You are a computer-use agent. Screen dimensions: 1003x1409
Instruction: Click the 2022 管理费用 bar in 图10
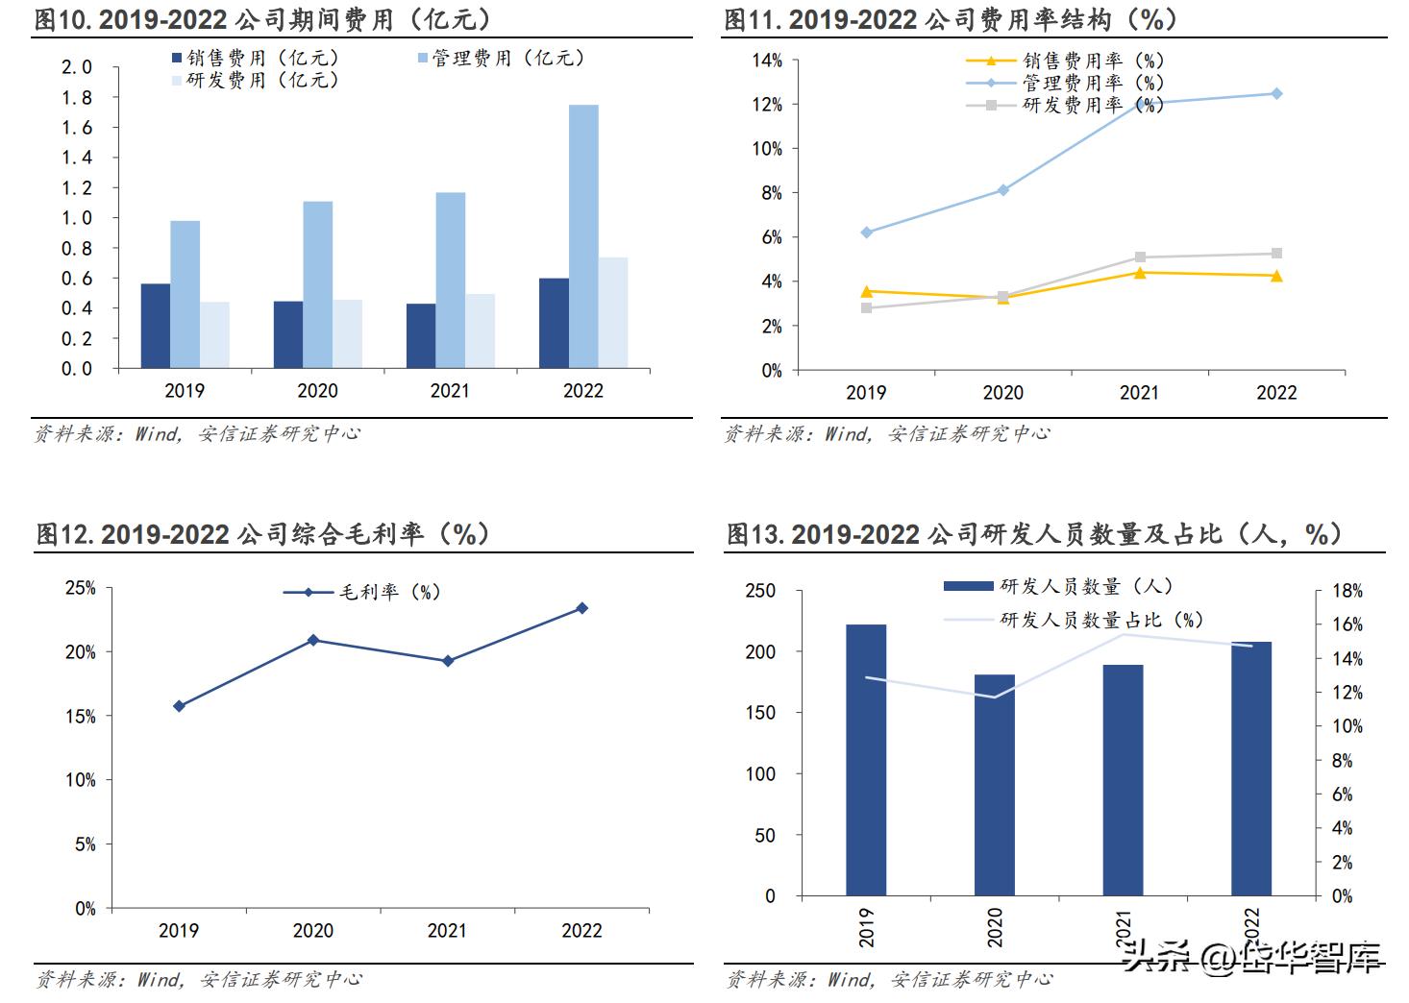(x=583, y=236)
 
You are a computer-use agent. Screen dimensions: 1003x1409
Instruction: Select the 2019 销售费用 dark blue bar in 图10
(x=156, y=326)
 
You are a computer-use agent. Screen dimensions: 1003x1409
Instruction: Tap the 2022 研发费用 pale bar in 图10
(x=613, y=312)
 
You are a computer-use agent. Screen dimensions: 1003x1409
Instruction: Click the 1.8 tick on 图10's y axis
(x=77, y=98)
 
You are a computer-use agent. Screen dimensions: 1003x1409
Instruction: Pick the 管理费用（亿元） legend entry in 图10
(x=501, y=59)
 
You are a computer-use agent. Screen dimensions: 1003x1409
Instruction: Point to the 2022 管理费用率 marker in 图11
(x=1276, y=93)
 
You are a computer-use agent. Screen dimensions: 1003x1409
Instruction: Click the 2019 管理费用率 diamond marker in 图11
(x=866, y=232)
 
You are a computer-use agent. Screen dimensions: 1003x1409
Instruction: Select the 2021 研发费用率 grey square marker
(x=1140, y=257)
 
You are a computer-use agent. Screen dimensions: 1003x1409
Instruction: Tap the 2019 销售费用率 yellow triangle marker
(x=866, y=291)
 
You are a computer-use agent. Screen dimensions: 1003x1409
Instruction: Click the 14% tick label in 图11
(x=767, y=61)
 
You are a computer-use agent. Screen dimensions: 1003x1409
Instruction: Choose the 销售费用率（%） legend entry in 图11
(x=1065, y=61)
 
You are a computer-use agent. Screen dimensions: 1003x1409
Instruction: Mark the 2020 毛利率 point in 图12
(x=313, y=640)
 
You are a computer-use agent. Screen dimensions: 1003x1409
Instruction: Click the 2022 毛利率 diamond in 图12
(x=581, y=608)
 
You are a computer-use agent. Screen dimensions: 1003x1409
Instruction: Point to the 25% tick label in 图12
(x=81, y=588)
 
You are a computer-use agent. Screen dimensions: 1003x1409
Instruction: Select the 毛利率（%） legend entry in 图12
(x=362, y=593)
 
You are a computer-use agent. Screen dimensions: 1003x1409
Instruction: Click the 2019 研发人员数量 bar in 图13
(x=866, y=760)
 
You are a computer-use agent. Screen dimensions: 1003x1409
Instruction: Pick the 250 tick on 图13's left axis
(x=759, y=591)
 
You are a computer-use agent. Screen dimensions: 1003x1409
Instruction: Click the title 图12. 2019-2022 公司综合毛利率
(x=262, y=534)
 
